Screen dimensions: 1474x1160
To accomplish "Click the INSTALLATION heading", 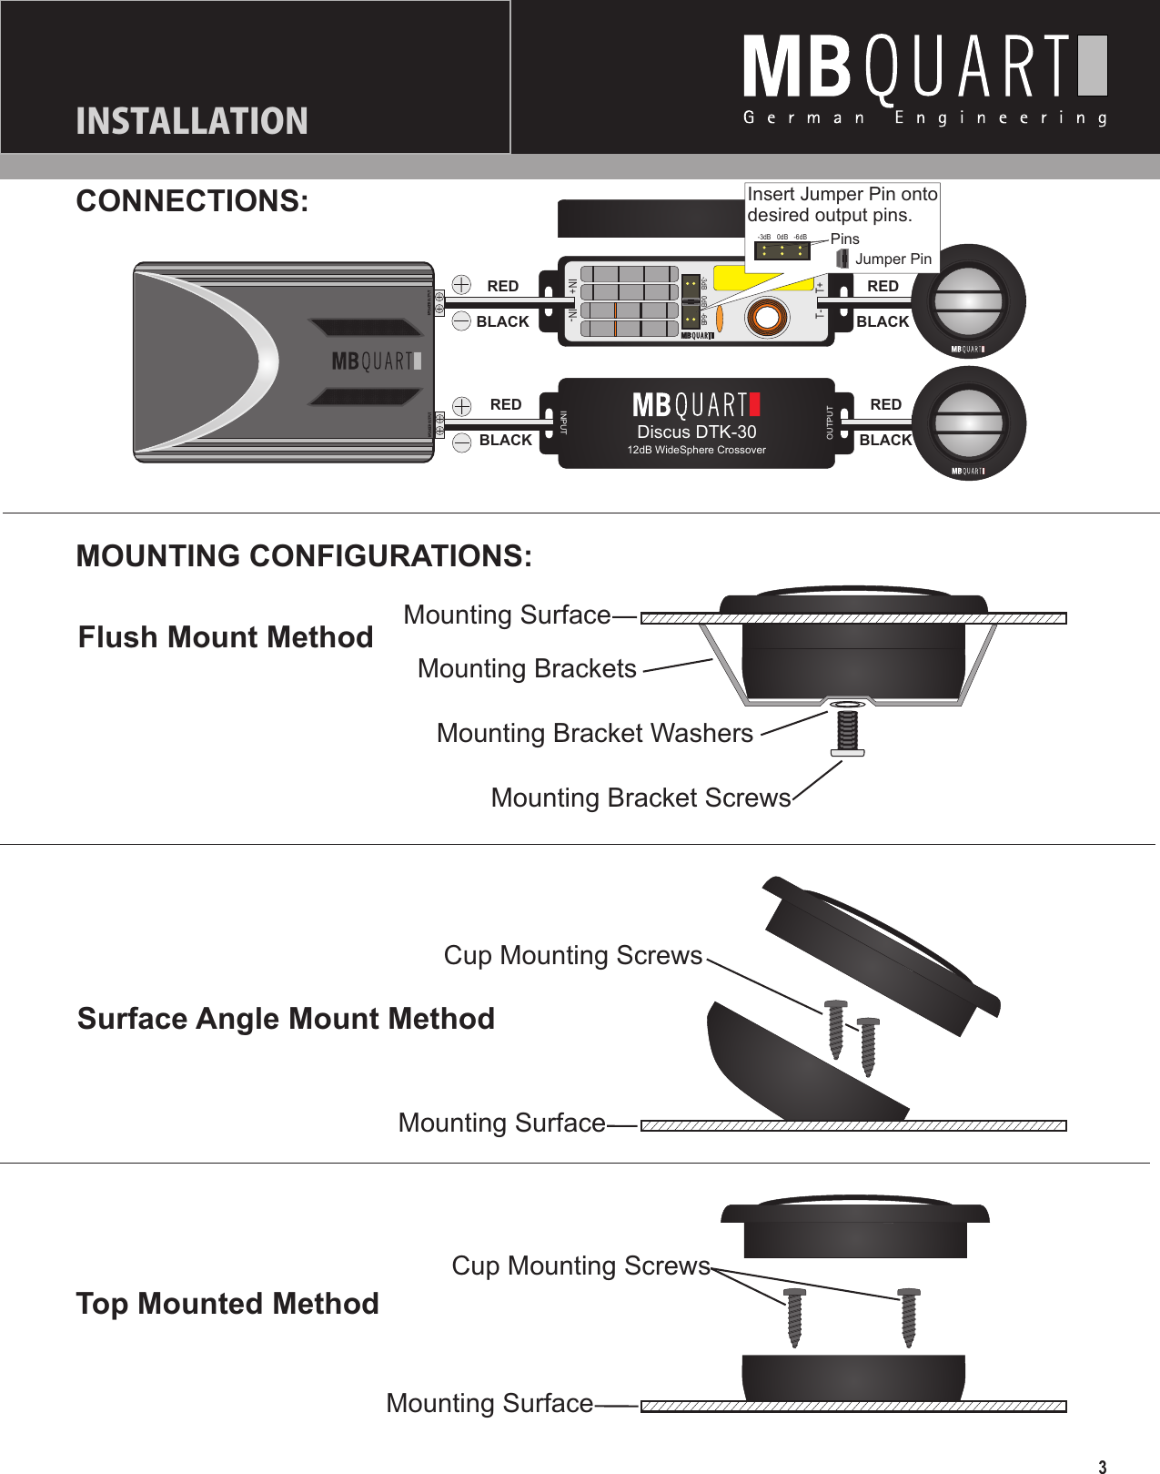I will click(192, 121).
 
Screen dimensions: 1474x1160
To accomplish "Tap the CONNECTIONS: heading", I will click(192, 201).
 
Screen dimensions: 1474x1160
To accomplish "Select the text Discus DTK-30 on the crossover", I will click(696, 432).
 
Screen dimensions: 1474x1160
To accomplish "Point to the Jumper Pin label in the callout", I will click(893, 259).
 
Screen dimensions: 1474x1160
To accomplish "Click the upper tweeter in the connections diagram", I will click(969, 301).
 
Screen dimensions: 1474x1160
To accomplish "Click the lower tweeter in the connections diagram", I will click(969, 423).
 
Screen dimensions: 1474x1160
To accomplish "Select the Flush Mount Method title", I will click(226, 637).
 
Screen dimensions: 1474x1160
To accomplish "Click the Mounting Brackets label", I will click(527, 668).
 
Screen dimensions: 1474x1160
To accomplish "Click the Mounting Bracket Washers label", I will click(594, 733).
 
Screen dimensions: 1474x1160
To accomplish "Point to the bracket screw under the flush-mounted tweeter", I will click(847, 731).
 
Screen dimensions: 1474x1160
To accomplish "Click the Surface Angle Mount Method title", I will click(286, 1018).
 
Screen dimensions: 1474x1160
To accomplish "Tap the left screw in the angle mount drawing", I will click(835, 1029).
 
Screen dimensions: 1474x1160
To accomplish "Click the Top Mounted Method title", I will click(227, 1303).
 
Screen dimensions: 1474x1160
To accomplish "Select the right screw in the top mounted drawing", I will click(908, 1316).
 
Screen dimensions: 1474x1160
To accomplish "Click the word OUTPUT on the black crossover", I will click(829, 422).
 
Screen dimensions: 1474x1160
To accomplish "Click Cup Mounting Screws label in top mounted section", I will click(580, 1266).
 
